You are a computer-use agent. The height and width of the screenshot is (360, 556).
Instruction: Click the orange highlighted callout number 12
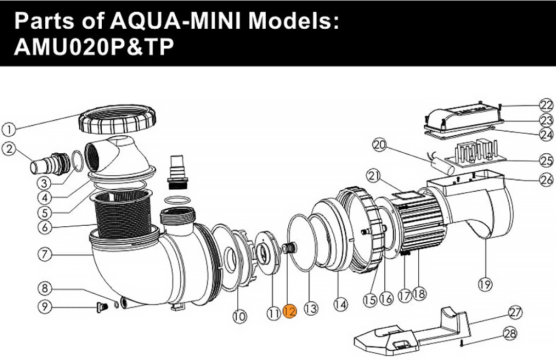click(290, 312)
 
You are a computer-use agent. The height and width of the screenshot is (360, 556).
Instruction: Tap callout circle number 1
click(9, 130)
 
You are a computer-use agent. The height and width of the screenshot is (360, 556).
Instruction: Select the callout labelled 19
click(486, 284)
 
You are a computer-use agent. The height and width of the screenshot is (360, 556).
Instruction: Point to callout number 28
click(510, 334)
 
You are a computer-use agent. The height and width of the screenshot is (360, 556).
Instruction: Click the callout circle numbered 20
click(380, 145)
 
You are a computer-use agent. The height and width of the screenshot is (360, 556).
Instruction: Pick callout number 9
click(45, 307)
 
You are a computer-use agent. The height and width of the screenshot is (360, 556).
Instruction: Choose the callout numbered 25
click(546, 160)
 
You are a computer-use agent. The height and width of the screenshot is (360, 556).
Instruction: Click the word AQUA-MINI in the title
click(176, 21)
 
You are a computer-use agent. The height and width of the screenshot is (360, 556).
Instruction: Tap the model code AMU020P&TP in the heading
click(94, 47)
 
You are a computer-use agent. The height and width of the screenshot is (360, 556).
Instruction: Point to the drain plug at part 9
click(101, 307)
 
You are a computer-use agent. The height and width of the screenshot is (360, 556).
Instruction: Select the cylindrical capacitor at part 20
click(443, 165)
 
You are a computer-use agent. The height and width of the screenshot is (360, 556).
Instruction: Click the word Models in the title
click(293, 21)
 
